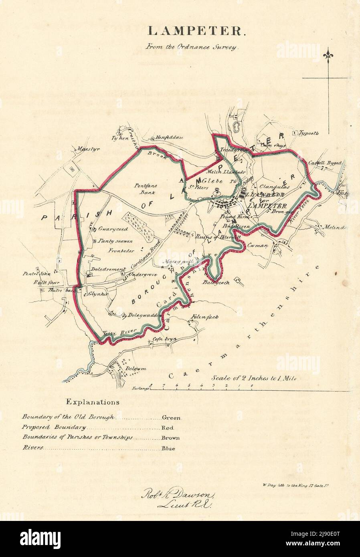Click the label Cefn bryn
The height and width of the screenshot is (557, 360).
(162, 339)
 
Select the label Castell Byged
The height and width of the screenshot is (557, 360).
(325, 163)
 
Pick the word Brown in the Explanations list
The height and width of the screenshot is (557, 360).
(170, 438)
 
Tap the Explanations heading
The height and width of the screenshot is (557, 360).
(92, 401)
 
